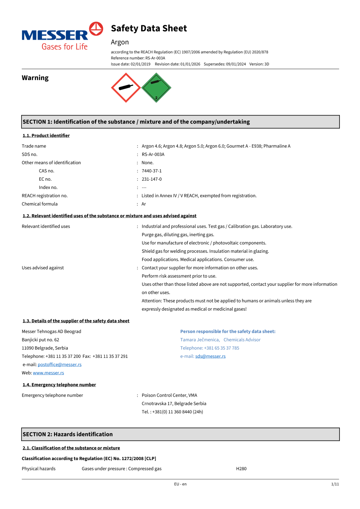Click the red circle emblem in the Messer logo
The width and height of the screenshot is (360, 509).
coord(96,29)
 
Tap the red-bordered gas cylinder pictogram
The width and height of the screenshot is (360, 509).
coord(126,87)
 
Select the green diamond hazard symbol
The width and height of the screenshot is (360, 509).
coord(156,87)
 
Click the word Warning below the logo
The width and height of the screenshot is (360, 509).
coord(35,78)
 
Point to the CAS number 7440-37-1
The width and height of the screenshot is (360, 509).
coord(152,171)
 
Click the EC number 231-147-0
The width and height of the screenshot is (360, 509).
coord(152,179)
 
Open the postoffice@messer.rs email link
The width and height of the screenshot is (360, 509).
coord(60,365)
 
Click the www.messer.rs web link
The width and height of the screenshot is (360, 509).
coord(49,373)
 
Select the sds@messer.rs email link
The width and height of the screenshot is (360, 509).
coord(210,356)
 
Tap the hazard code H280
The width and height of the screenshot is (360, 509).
coord(241,469)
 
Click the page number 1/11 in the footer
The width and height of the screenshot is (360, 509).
coord(335,484)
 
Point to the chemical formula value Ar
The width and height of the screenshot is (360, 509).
coord(144,204)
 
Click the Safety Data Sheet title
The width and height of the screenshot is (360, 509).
coord(149,28)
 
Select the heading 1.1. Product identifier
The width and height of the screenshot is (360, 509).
coord(46,136)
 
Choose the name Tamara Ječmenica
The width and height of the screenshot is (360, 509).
coord(200,340)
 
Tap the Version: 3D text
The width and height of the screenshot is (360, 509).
coord(259,64)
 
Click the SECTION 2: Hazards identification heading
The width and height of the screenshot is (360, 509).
coord(68,434)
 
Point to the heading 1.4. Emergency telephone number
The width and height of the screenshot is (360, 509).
coord(59,385)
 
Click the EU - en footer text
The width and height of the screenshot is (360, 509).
coord(180,484)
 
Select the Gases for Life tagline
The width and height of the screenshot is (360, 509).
coord(65,47)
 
